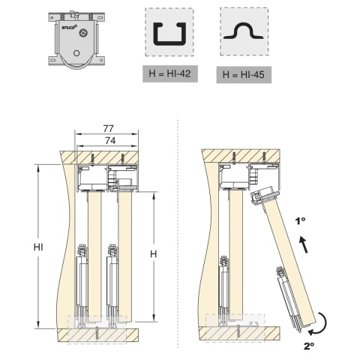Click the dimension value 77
point(108,128)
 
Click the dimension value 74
point(110,141)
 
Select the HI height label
point(38,247)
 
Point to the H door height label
point(153,254)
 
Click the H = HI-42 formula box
point(170,73)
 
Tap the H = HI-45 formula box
point(244,74)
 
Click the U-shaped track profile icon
point(169,34)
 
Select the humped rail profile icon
point(244,31)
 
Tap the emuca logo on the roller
point(68,27)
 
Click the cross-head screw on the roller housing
point(82,32)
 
